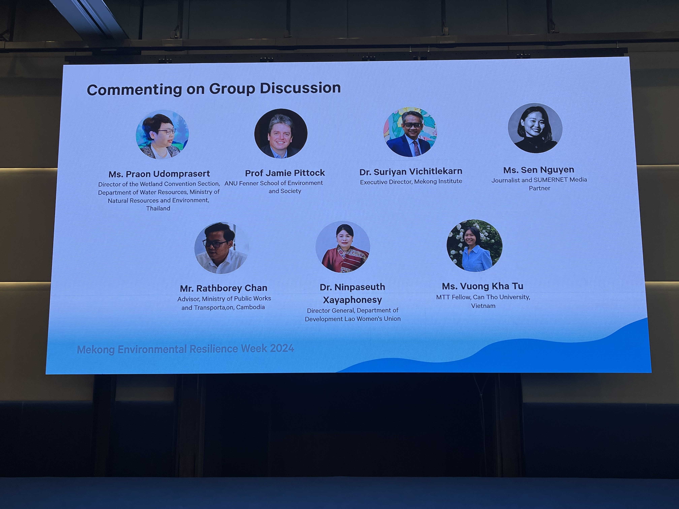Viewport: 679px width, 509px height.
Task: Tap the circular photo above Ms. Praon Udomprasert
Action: point(162,134)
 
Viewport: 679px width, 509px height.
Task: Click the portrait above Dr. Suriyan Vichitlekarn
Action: point(410,132)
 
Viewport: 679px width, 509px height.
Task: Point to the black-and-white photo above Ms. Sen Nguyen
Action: point(535,128)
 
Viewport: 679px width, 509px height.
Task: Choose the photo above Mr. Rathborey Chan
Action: point(221,248)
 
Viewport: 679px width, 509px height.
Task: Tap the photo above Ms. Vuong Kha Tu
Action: point(474,245)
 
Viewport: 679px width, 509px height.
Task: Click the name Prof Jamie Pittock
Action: point(285,173)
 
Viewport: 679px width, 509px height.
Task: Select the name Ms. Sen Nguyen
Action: point(538,170)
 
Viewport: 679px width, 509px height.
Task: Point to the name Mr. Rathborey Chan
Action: point(223,288)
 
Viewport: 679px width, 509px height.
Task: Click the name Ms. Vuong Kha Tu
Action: point(482,286)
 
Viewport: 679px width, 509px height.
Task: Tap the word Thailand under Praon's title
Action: point(158,208)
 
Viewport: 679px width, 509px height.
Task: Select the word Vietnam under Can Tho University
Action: point(483,306)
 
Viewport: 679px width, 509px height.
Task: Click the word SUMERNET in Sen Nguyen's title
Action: point(552,180)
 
